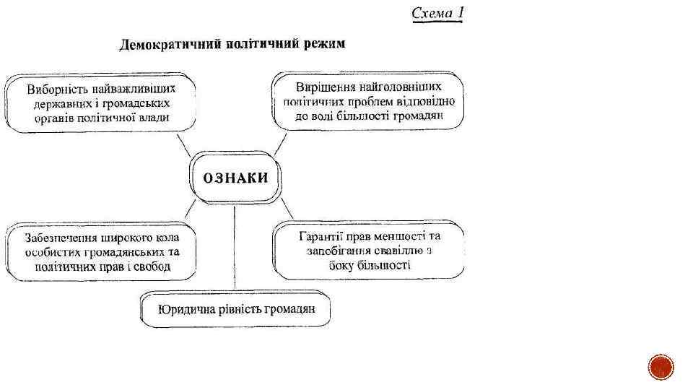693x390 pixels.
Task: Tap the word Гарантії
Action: (x=322, y=236)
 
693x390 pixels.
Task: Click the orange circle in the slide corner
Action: (x=661, y=368)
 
